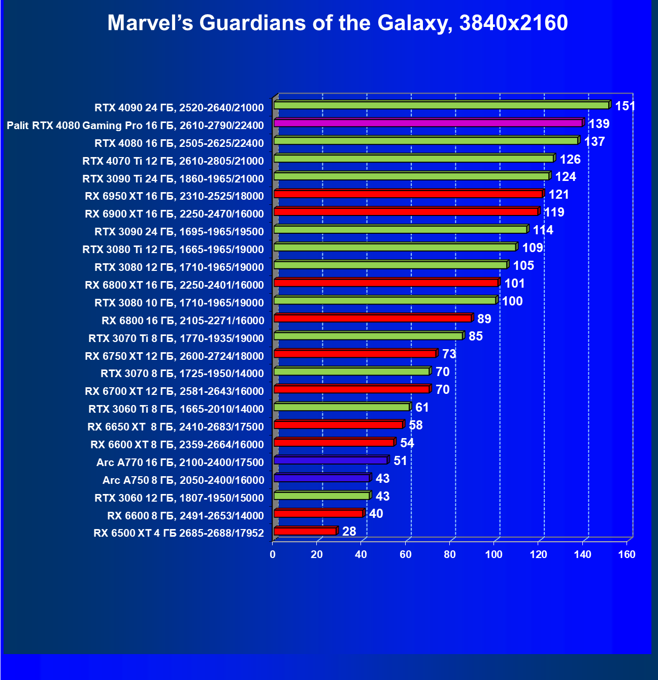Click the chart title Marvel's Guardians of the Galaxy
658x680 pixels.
[x=338, y=23]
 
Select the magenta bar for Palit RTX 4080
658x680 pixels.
[x=428, y=123]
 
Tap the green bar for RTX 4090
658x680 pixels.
[x=441, y=105]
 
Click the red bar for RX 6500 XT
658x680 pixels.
[x=305, y=531]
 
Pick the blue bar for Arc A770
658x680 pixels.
[x=331, y=460]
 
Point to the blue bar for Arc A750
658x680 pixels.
[x=321, y=478]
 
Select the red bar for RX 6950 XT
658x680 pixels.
[x=408, y=194]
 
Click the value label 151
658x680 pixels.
[x=625, y=106]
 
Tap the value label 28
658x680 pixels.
[x=349, y=532]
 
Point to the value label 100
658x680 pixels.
[x=512, y=301]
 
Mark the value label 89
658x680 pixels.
[x=484, y=319]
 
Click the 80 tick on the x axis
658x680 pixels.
[x=449, y=554]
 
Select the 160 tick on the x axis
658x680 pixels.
[x=627, y=554]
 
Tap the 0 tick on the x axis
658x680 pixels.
[x=273, y=554]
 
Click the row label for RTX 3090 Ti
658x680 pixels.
[x=173, y=179]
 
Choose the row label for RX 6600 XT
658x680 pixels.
[x=177, y=445]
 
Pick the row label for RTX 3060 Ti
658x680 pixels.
[x=176, y=409]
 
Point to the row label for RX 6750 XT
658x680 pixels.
[x=174, y=356]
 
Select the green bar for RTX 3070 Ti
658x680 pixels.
[x=368, y=336]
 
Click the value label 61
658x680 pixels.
[x=422, y=408]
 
